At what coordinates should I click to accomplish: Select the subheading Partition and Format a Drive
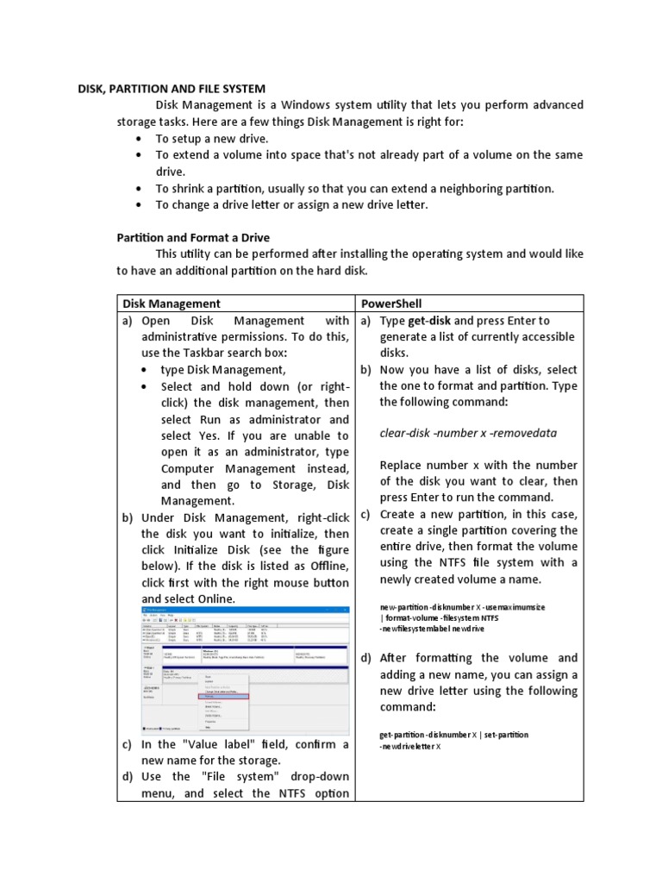(193, 237)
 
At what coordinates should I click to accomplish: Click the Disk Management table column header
(172, 304)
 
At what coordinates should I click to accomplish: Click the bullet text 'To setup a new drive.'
(212, 139)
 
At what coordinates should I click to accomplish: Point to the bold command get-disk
(429, 320)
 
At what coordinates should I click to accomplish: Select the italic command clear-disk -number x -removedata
(468, 433)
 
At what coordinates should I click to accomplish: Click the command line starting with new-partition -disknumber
(462, 607)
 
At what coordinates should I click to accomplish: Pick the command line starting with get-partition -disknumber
(453, 735)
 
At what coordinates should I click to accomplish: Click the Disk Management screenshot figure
(246, 669)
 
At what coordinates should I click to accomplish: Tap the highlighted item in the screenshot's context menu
(225, 696)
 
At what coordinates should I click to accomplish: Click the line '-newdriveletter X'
(410, 746)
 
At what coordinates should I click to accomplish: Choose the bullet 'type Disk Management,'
(210, 370)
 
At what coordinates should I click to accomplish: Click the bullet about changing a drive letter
(291, 204)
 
